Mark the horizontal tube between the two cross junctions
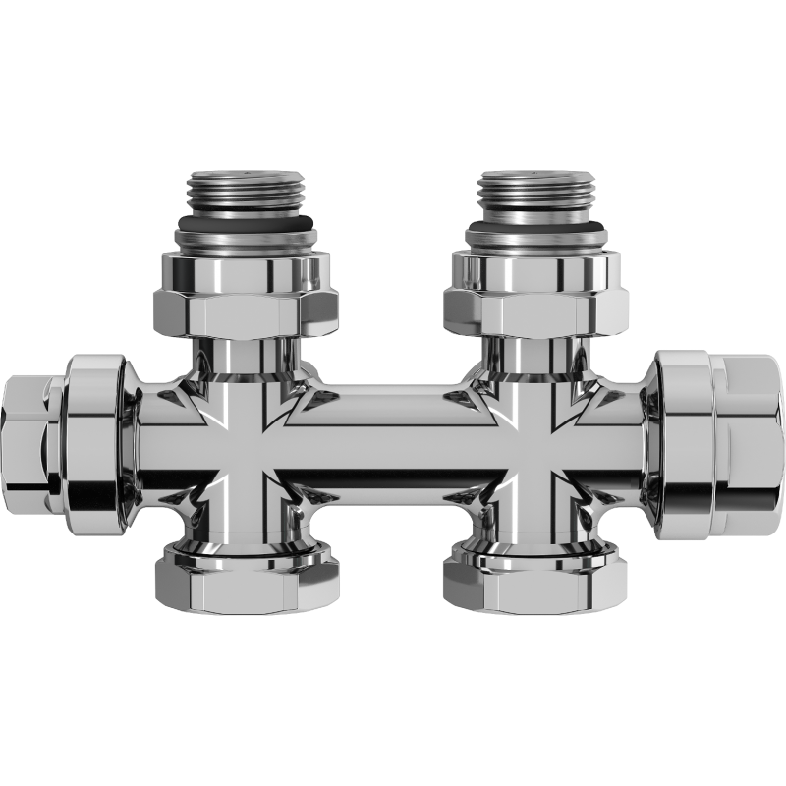click(x=393, y=432)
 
